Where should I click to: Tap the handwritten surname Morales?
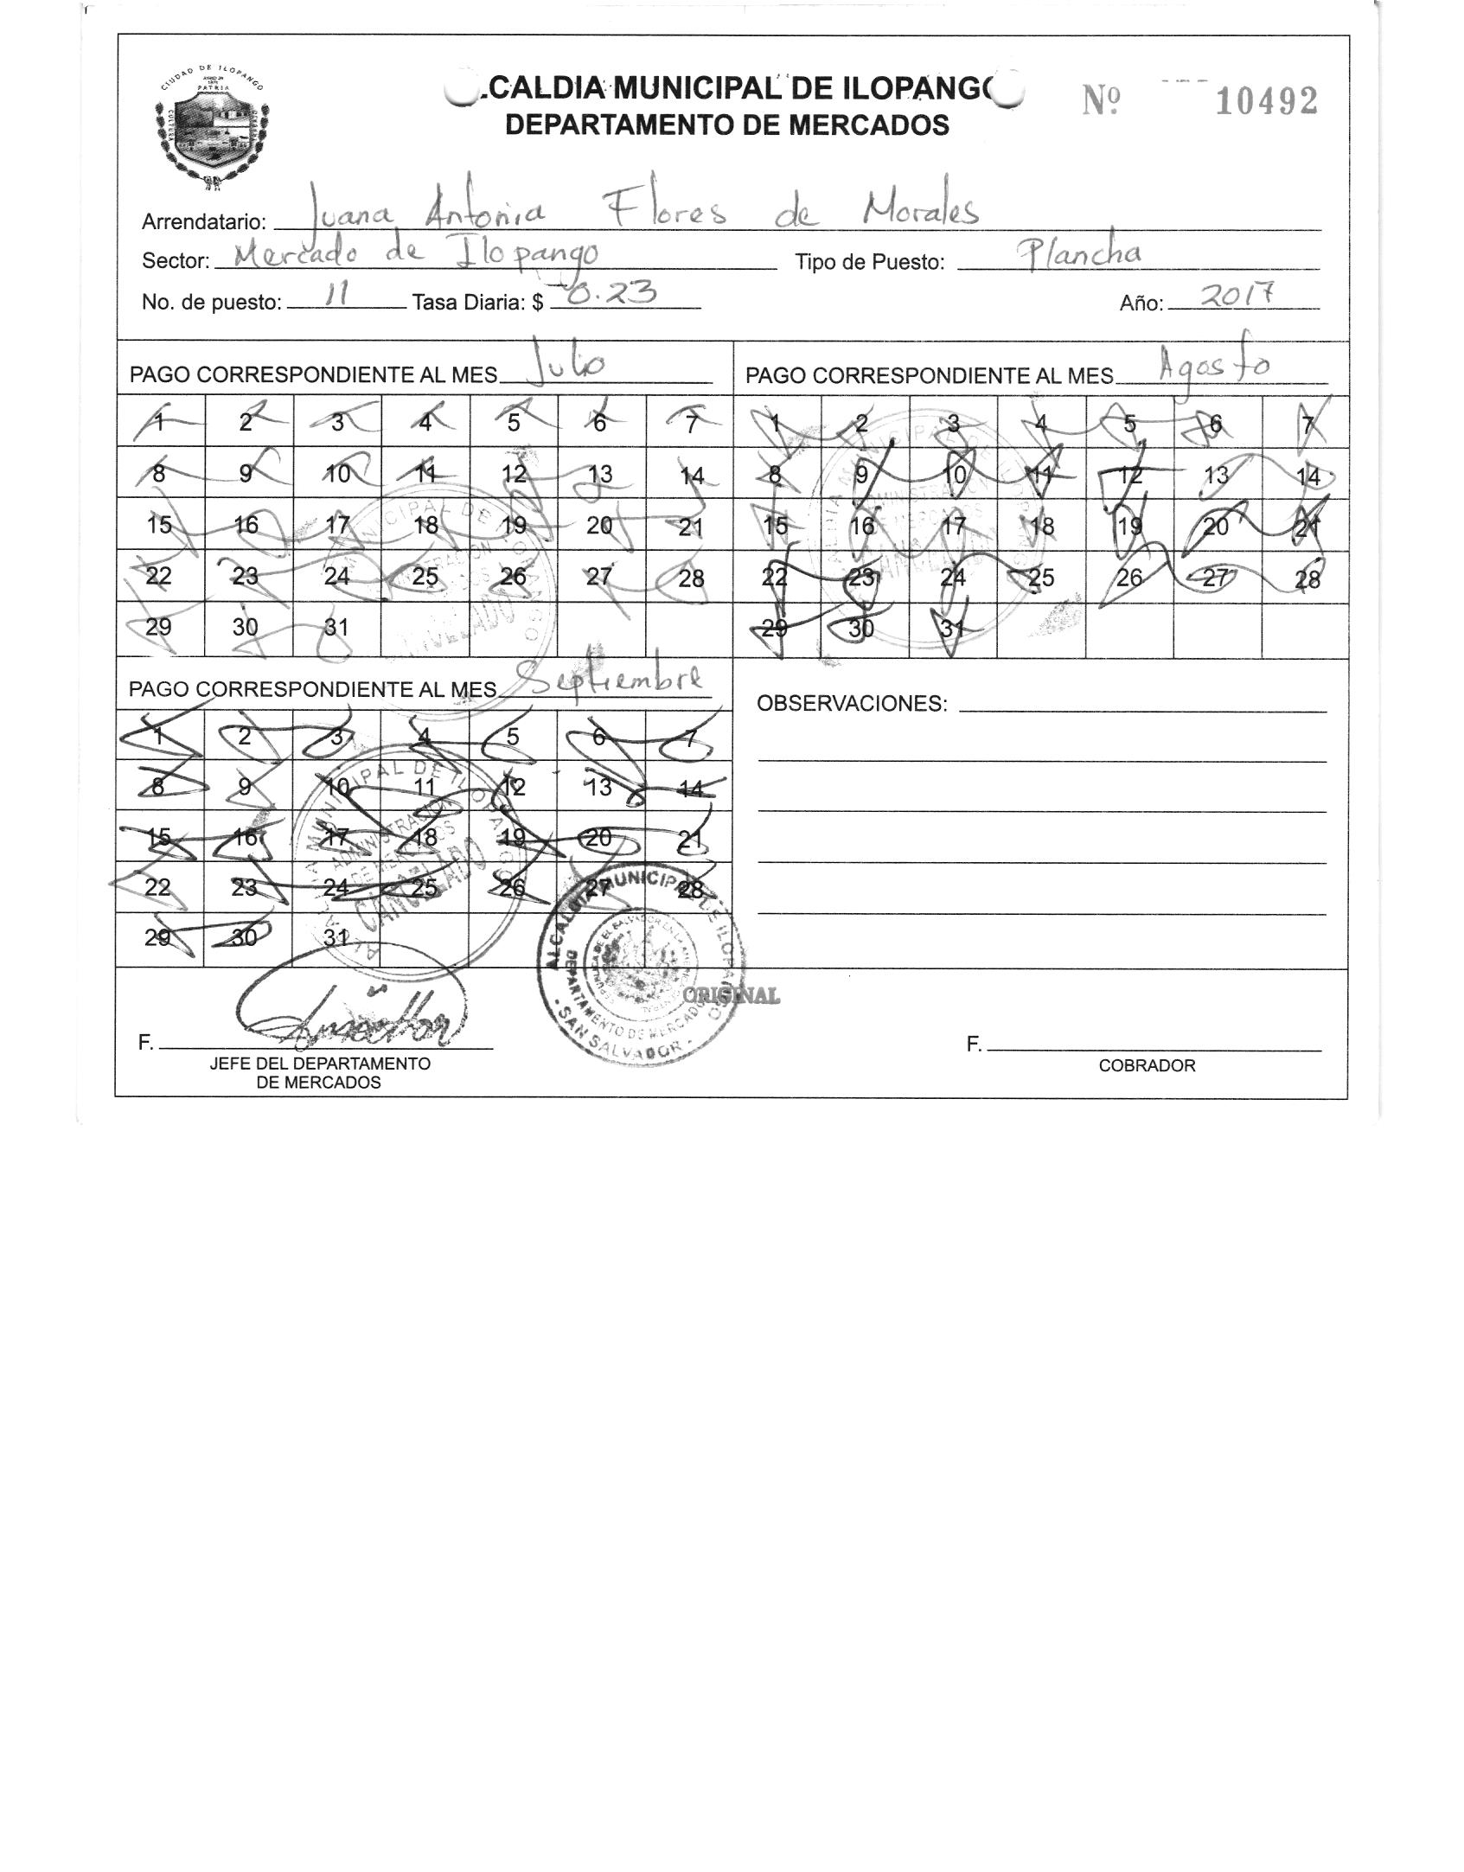[922, 209]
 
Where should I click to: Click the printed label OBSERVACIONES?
[851, 704]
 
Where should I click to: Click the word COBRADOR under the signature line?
[1147, 1066]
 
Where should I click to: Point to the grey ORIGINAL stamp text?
[732, 996]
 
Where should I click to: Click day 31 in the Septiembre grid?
[336, 937]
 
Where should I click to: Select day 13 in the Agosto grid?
[1217, 476]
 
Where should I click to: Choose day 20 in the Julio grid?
[599, 525]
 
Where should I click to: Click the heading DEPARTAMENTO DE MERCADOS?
[726, 126]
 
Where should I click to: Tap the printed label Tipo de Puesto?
[869, 263]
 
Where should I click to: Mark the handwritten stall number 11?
[335, 296]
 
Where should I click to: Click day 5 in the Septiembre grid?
[512, 737]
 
